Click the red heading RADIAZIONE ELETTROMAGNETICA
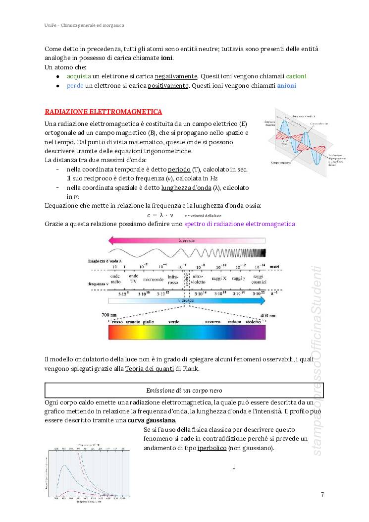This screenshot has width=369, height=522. coord(104,112)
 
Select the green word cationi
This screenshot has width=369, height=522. coord(296,76)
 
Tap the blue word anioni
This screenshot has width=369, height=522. coord(286,85)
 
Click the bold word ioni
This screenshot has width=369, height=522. coord(167,58)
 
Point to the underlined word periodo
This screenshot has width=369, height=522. coord(179,170)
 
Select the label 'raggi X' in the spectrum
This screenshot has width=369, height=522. coord(218,279)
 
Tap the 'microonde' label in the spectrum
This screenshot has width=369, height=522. coord(153,279)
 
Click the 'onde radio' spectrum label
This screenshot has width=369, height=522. coord(115,279)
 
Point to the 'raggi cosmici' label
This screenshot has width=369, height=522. coord(258,279)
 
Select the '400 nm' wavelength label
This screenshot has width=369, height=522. coord(267,315)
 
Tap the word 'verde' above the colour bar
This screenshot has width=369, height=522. coord(174,322)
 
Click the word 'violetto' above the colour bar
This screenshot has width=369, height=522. coord(253,322)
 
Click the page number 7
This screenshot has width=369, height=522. coord(322,494)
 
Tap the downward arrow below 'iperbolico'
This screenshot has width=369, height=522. coord(233,466)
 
